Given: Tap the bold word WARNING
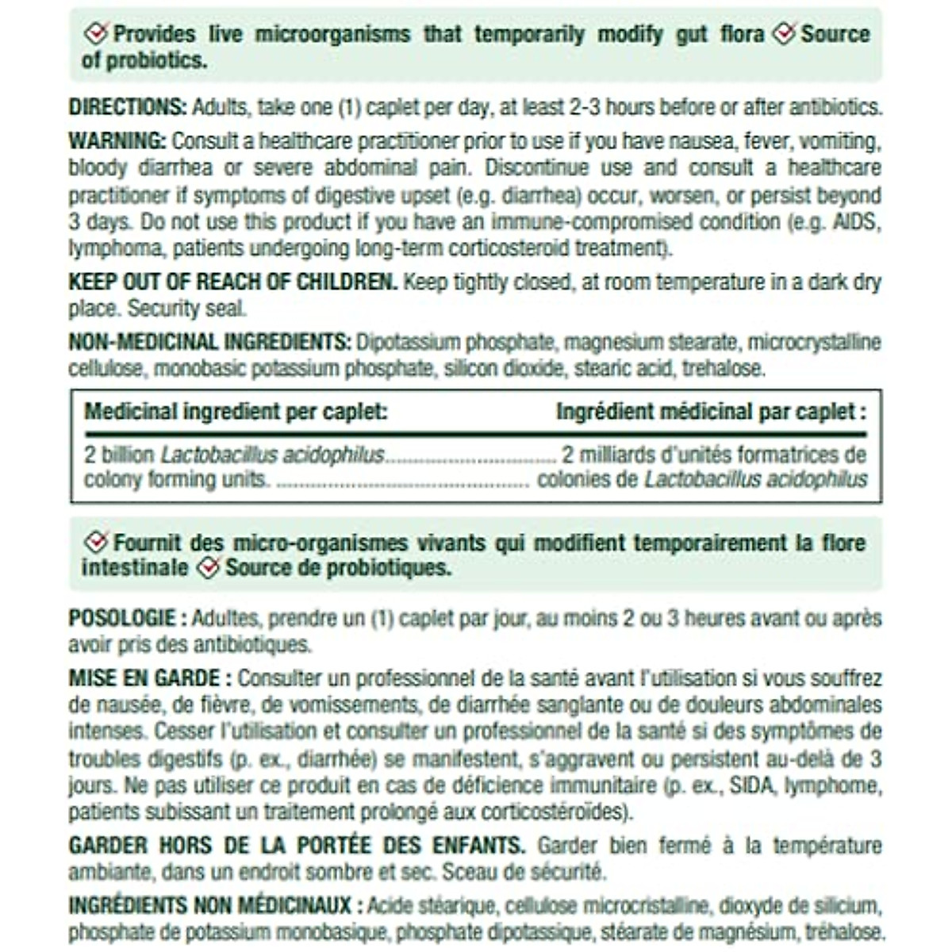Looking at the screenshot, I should (x=117, y=141).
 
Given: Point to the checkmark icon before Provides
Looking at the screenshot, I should (x=96, y=33).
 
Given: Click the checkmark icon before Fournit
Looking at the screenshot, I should (x=96, y=543).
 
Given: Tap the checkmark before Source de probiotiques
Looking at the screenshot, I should (x=208, y=568).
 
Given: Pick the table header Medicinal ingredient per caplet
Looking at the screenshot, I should (x=236, y=412).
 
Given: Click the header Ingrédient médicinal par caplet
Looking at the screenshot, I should (x=711, y=412).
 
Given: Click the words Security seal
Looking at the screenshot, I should (x=187, y=309).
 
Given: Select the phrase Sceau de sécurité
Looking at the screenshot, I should (x=524, y=872).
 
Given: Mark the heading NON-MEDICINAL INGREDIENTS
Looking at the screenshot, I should (x=209, y=343).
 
